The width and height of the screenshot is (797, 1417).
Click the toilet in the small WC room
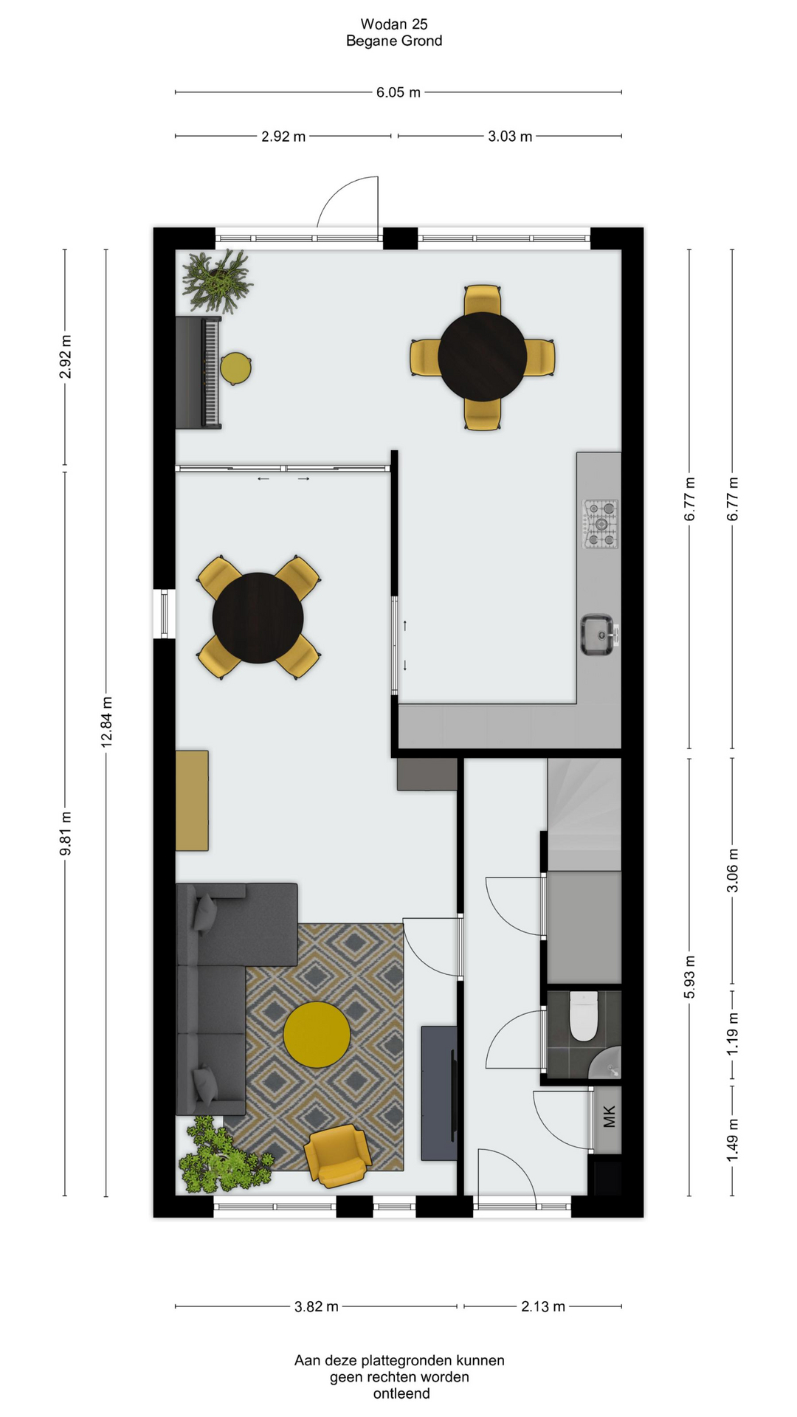583,1016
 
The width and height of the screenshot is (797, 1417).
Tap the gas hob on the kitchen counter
601,524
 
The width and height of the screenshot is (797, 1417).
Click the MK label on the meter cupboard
609,1117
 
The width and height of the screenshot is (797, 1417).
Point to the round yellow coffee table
317,1034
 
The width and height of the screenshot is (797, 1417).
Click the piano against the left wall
199,372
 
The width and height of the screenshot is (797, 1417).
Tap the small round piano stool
235,368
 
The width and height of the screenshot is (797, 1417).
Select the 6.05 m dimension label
398,92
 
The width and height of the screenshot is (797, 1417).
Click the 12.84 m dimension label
107,722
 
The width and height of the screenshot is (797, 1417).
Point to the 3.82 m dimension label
317,1306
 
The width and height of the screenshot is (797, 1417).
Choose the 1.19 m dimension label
733,1032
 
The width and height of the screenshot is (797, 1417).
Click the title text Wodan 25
394,24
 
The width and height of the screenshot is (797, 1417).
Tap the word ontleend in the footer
401,1393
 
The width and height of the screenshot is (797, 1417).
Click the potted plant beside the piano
217,281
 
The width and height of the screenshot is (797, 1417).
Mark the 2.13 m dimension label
543,1306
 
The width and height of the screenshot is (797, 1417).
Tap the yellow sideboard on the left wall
192,801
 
